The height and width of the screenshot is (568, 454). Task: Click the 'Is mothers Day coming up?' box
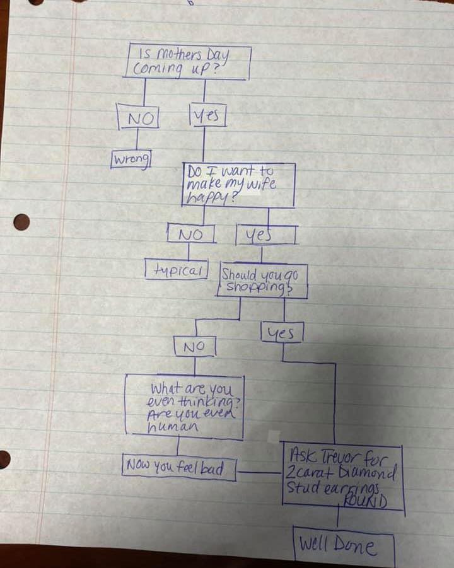(x=189, y=62)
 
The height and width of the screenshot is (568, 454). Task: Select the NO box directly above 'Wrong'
(x=138, y=118)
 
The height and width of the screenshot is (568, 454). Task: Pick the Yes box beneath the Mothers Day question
(x=207, y=115)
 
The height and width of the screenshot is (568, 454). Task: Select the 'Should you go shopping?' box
(x=263, y=281)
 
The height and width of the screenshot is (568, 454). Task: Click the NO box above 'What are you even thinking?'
(x=195, y=346)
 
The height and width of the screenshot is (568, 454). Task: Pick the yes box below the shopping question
(x=281, y=333)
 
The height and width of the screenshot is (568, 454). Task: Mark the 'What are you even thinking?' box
(x=184, y=407)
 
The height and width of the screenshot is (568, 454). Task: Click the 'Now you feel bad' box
(x=178, y=468)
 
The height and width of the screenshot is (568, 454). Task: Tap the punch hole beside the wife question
(x=21, y=222)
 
